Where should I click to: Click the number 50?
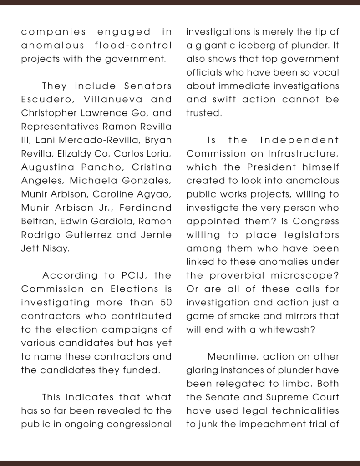pos(165,302)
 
